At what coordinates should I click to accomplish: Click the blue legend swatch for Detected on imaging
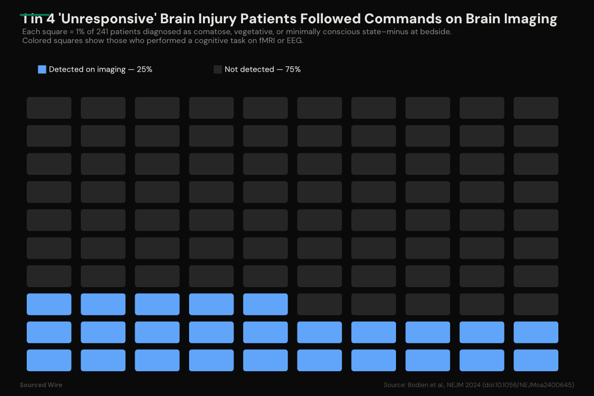click(42, 69)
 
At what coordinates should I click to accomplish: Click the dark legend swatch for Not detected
click(218, 69)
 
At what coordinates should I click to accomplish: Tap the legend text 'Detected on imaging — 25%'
click(100, 69)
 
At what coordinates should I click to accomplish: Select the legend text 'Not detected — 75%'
click(262, 69)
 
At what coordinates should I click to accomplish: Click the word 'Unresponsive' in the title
click(101, 19)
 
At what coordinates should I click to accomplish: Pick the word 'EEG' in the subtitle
click(294, 41)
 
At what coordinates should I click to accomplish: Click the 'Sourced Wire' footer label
click(41, 385)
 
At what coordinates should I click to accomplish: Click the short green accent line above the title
click(35, 15)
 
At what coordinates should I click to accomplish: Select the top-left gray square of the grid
click(49, 108)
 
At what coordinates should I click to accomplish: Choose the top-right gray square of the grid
click(536, 108)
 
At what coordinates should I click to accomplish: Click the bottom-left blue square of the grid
click(49, 360)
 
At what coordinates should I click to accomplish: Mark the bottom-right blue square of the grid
click(536, 360)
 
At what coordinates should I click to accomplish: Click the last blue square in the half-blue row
click(265, 304)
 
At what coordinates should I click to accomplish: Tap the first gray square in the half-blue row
click(319, 304)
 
